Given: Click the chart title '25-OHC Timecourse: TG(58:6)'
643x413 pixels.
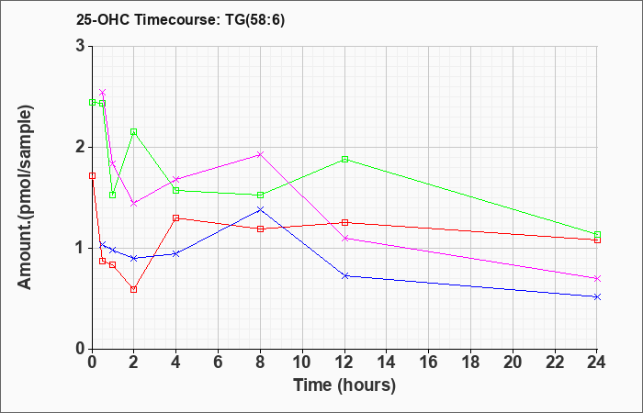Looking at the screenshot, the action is pos(180,20).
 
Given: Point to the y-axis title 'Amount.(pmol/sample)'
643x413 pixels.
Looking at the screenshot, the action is pos(25,197).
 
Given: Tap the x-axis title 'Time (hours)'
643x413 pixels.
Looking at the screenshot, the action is pos(344,385).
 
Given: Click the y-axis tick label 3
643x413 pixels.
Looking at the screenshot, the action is pos(81,46).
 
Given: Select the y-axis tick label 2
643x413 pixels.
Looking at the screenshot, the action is pos(81,147).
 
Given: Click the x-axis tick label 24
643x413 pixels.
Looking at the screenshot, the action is pos(597,363).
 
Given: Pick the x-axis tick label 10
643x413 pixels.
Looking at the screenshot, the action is pos(302,363).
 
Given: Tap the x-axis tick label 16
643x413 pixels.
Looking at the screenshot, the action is pos(429,363).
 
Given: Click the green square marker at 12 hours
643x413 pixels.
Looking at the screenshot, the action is pos(344,159).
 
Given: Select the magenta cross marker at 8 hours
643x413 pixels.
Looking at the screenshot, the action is pos(260,154).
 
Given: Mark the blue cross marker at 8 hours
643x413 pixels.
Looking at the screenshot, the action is pos(260,209).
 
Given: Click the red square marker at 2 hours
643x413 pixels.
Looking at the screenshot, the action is pos(134,289).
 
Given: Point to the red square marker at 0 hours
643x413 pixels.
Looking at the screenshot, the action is pos(92,176).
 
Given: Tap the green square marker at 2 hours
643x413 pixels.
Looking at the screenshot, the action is pos(134,131).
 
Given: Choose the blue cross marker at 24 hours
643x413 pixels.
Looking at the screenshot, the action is pos(597,296).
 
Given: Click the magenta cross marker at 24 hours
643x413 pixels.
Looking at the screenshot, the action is pos(597,279).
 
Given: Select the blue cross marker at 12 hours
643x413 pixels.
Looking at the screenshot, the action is pos(344,275).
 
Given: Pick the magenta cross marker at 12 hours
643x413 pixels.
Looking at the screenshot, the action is pos(344,238).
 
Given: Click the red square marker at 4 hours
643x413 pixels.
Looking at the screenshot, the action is pos(176,218).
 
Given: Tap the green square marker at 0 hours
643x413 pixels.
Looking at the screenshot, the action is pos(92,102).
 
